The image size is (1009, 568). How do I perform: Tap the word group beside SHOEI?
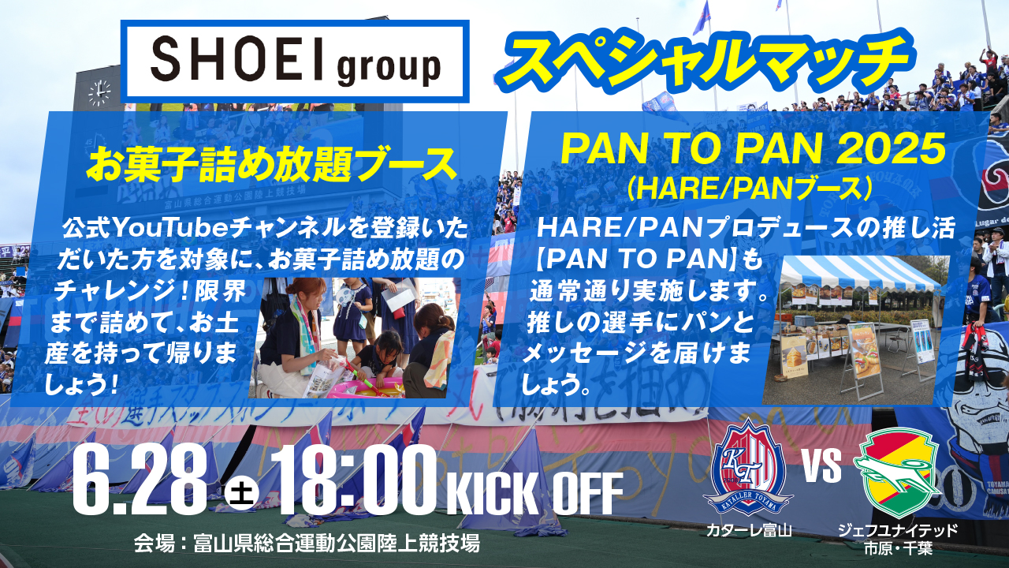(x=389, y=68)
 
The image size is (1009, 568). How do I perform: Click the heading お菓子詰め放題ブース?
(x=272, y=164)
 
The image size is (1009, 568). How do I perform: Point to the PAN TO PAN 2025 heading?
(x=753, y=149)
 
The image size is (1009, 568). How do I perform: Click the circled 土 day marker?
(x=238, y=495)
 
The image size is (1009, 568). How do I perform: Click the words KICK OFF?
(x=534, y=493)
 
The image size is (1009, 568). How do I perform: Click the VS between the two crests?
(x=821, y=465)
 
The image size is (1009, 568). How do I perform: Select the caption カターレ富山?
(x=748, y=530)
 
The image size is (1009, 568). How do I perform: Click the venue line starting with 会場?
(x=307, y=544)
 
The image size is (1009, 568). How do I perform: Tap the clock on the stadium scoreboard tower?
(x=99, y=94)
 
